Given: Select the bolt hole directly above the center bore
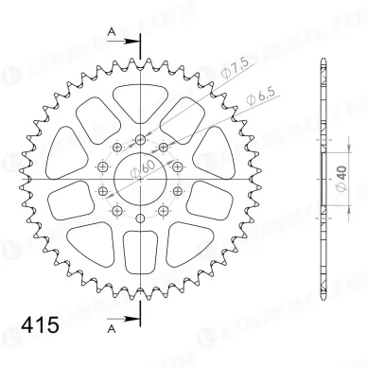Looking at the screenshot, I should [140, 140].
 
